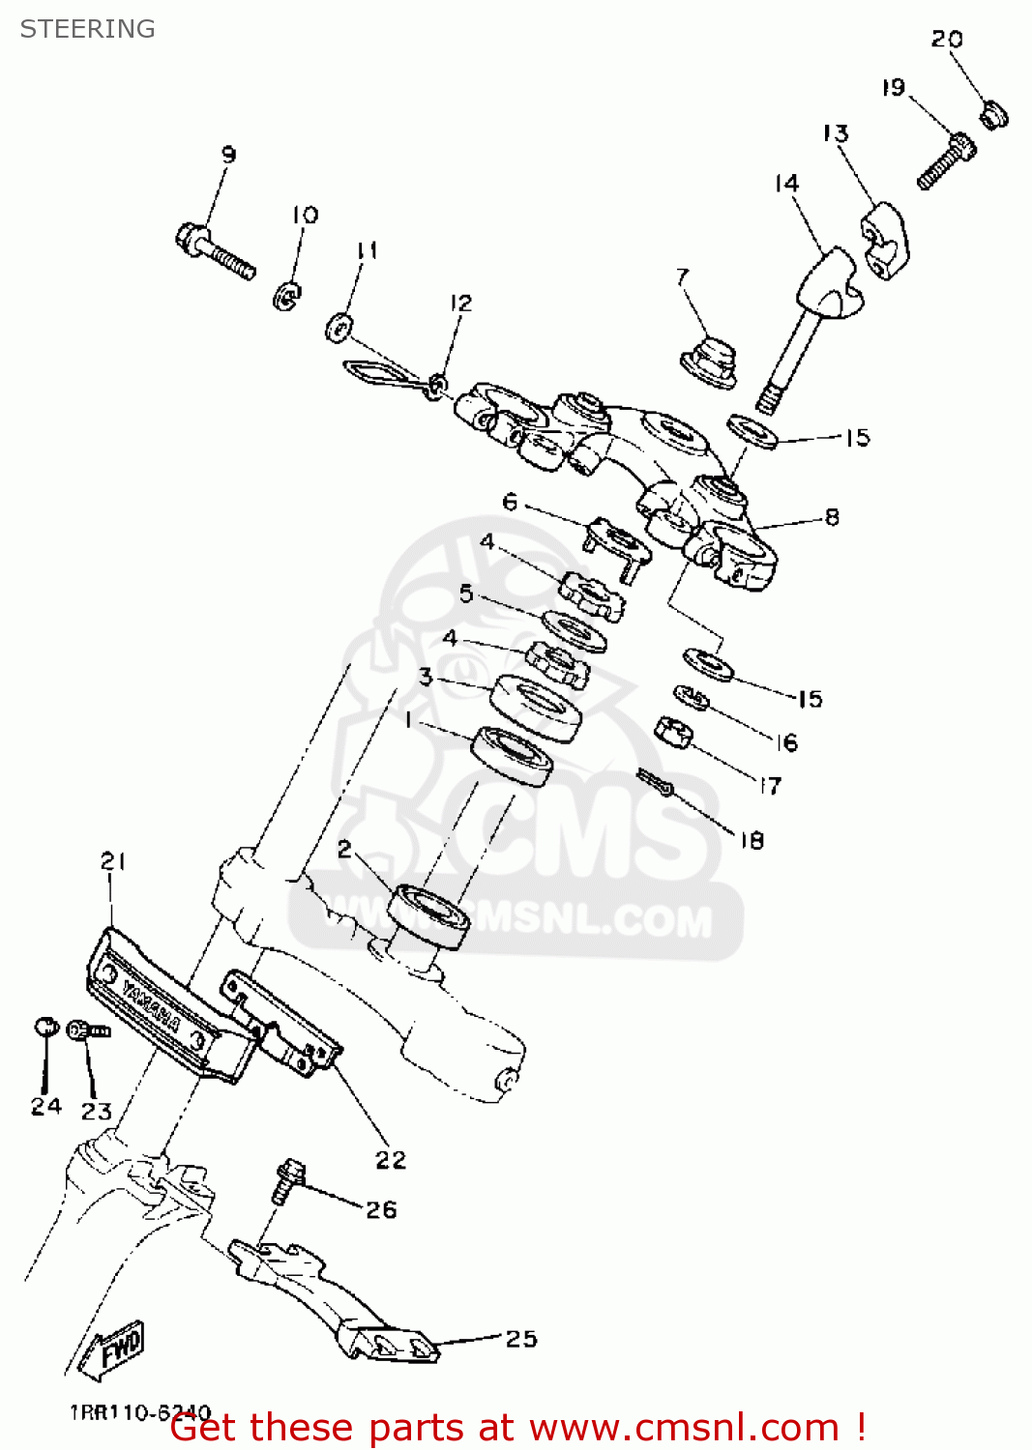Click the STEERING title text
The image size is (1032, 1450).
tap(87, 29)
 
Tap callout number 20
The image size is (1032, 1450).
tap(946, 40)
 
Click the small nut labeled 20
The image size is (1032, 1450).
tap(993, 115)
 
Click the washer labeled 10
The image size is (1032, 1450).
tap(286, 295)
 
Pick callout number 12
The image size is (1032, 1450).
tap(460, 303)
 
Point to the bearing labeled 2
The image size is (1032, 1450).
tap(428, 914)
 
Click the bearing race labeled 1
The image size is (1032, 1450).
tap(512, 755)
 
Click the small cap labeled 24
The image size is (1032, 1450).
tap(45, 1027)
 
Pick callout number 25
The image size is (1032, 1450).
tap(520, 1339)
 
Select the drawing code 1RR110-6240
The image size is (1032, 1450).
tap(140, 1412)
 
